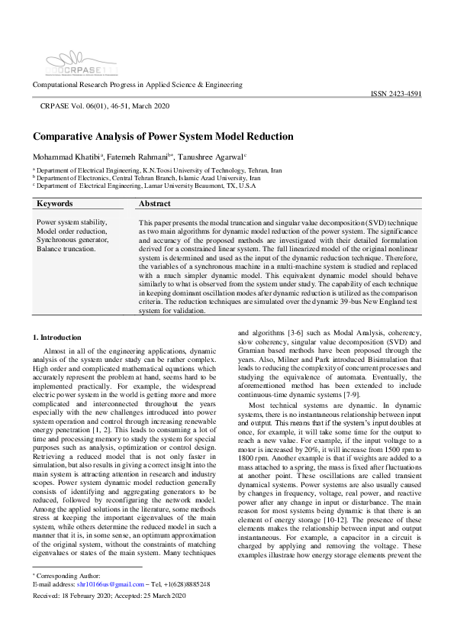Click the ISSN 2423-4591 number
395,93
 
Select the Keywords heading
55,204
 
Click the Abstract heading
155,204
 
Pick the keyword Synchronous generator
72,240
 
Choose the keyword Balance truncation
66,249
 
